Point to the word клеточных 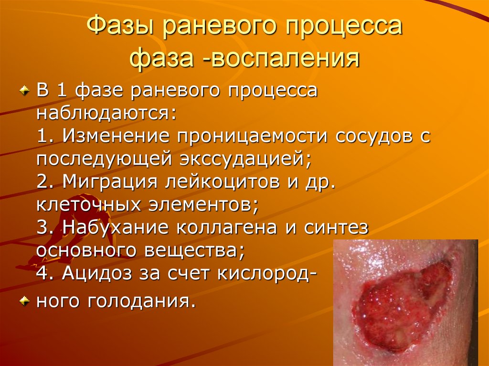coord(90,205)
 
